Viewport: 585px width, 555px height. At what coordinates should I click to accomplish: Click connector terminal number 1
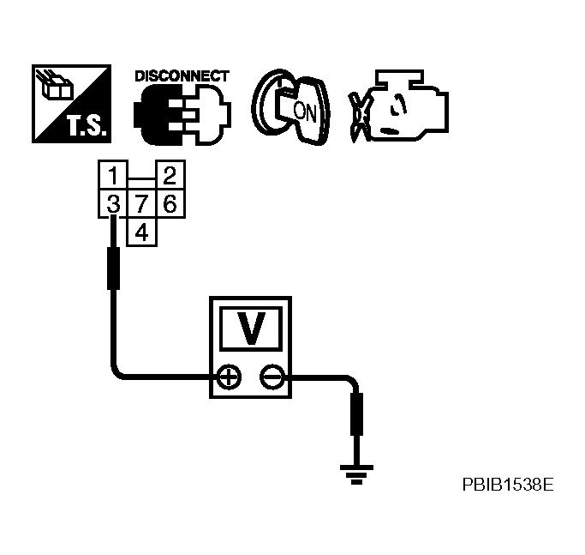[x=112, y=178]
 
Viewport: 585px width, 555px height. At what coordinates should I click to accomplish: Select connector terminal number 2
[x=169, y=178]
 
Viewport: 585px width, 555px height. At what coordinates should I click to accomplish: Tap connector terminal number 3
[x=112, y=205]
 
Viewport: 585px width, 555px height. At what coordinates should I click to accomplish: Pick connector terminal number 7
[x=140, y=205]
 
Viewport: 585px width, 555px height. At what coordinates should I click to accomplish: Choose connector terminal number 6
[x=169, y=205]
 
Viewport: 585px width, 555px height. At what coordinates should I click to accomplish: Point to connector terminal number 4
[x=140, y=232]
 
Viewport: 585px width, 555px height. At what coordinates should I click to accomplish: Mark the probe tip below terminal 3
[x=112, y=267]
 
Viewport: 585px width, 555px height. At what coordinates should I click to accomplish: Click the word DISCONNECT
[x=182, y=75]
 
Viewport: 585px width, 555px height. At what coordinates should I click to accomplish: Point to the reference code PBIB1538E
[x=507, y=485]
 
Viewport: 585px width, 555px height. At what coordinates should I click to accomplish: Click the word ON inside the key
[x=303, y=111]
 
